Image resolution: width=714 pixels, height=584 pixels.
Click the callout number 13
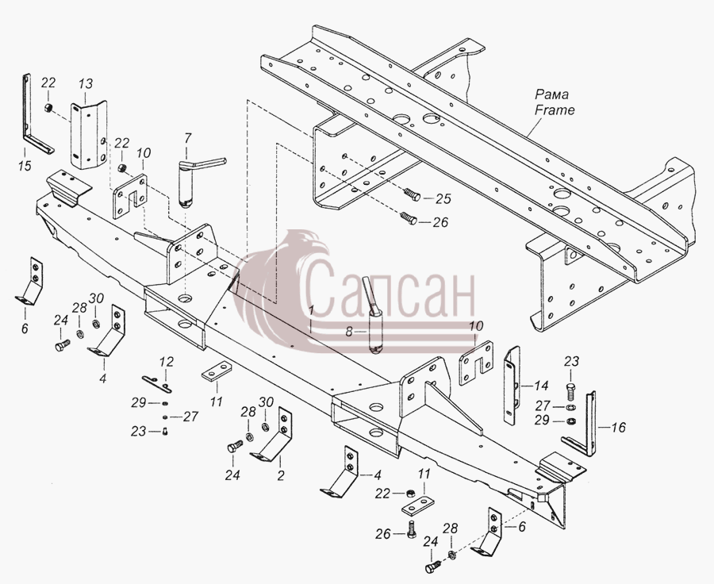pyautogui.click(x=85, y=84)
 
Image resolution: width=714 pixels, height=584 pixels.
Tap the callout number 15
pyautogui.click(x=25, y=166)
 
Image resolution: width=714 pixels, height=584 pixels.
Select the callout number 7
pyautogui.click(x=187, y=138)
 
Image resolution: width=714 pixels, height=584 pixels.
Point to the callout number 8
pyautogui.click(x=349, y=332)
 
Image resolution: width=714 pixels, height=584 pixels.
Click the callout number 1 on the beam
pyautogui.click(x=311, y=311)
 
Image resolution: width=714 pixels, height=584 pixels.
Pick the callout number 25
pyautogui.click(x=443, y=198)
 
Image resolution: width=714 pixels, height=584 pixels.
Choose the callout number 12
pyautogui.click(x=167, y=362)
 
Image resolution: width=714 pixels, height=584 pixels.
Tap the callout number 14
pyautogui.click(x=541, y=386)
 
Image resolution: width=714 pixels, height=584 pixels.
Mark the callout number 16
pyautogui.click(x=618, y=428)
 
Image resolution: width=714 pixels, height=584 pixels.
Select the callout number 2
pyautogui.click(x=281, y=475)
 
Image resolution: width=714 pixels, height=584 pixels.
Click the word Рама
pyautogui.click(x=551, y=94)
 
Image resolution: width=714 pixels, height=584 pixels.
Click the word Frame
pyautogui.click(x=555, y=109)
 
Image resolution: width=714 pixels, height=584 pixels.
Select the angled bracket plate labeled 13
pyautogui.click(x=89, y=136)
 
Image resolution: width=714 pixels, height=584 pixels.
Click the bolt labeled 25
pyautogui.click(x=412, y=196)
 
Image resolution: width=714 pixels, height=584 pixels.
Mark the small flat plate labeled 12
pyautogui.click(x=156, y=383)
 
